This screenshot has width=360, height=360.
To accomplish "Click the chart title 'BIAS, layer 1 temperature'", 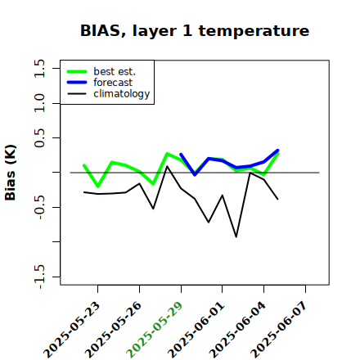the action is tap(195, 31).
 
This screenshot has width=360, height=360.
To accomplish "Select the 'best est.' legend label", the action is tap(115, 71).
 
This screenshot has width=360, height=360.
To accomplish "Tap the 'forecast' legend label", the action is tap(113, 83).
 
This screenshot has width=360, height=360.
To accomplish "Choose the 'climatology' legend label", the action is tap(122, 94).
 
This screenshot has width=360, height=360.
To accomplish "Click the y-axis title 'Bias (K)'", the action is tap(11, 173).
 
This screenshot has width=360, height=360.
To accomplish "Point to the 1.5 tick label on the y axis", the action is tap(39, 68).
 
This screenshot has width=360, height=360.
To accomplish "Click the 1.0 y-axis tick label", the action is tap(39, 103).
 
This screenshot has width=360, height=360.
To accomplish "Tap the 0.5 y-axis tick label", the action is tap(39, 137).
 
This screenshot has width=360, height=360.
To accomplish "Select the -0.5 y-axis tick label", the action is tap(39, 207).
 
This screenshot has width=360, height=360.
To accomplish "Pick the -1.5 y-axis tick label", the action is tap(39, 277).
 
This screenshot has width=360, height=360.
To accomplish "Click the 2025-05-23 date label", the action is tap(72, 330).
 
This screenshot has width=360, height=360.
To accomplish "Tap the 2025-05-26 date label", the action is tap(113, 330).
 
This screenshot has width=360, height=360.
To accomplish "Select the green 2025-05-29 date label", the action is tap(155, 330).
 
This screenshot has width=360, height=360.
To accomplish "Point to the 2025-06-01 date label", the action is tap(196, 330).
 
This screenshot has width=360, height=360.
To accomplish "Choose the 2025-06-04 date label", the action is tap(237, 330).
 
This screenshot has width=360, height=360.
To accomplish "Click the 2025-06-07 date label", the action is tap(279, 330).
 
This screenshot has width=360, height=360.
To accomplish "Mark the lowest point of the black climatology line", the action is tap(236, 236).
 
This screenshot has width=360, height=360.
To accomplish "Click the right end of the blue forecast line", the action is tap(277, 151).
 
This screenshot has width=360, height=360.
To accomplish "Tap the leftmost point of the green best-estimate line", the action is tap(84, 165).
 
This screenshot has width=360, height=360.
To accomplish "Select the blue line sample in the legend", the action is tap(77, 83).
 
